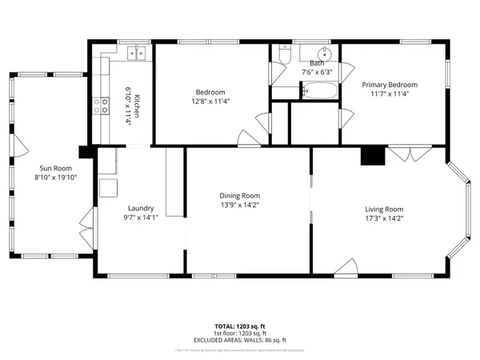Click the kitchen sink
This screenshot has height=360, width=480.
136,54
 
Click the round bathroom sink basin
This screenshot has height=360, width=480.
317,50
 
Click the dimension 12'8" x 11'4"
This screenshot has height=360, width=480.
210,102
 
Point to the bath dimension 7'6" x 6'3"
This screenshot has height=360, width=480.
317,72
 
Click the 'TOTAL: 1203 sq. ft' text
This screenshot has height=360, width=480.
239,326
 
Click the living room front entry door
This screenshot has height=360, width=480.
346,268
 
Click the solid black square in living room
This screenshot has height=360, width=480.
371,156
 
